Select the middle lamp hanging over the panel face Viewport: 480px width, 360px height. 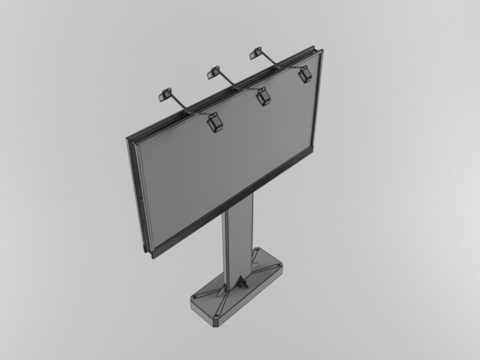pos(263,97)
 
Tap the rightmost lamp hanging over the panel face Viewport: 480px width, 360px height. pos(305,75)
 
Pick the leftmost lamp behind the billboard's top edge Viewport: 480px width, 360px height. pos(165,95)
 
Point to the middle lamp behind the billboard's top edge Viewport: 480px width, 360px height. pos(214,72)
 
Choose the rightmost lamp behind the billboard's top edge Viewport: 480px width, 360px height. pos(256,53)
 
